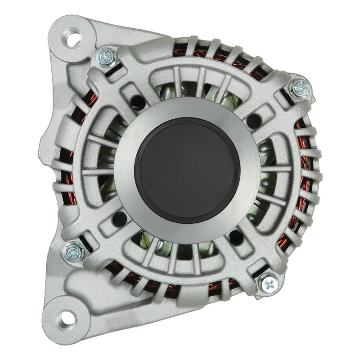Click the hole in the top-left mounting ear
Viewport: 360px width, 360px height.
coord(72,37)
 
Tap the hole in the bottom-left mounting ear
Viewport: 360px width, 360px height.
coord(66,319)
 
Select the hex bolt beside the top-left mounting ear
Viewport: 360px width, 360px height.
coord(107,57)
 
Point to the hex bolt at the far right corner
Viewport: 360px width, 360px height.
coord(300,88)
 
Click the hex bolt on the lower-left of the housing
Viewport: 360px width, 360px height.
coord(74,252)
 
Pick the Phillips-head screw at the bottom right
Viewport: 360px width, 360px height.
coord(269,283)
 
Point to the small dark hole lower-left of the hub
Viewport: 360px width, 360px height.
coord(120,219)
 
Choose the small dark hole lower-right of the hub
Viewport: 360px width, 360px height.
coord(236,237)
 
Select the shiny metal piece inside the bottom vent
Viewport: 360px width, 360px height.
coord(158,246)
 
